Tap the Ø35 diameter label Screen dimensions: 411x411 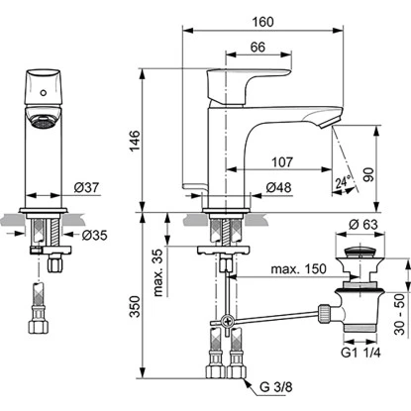coord(92,236)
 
